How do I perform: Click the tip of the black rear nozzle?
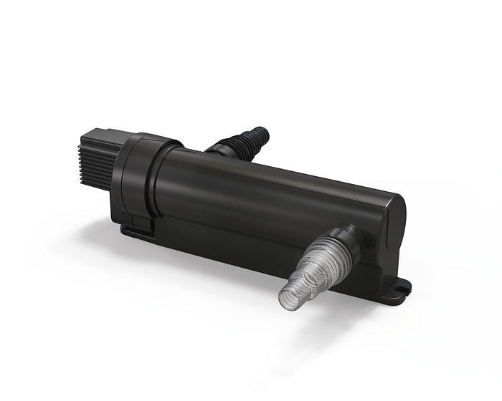pyautogui.click(x=263, y=132)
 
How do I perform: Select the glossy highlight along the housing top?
pyautogui.click(x=287, y=172)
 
